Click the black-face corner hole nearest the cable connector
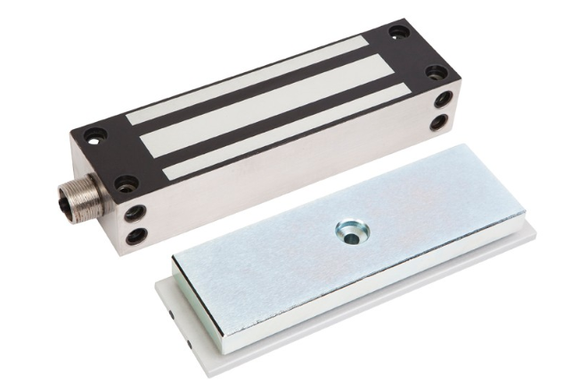126,183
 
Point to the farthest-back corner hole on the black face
398,32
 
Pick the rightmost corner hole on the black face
436,72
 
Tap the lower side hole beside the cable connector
136,236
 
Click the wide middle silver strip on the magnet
267,107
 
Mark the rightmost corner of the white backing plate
534,233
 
